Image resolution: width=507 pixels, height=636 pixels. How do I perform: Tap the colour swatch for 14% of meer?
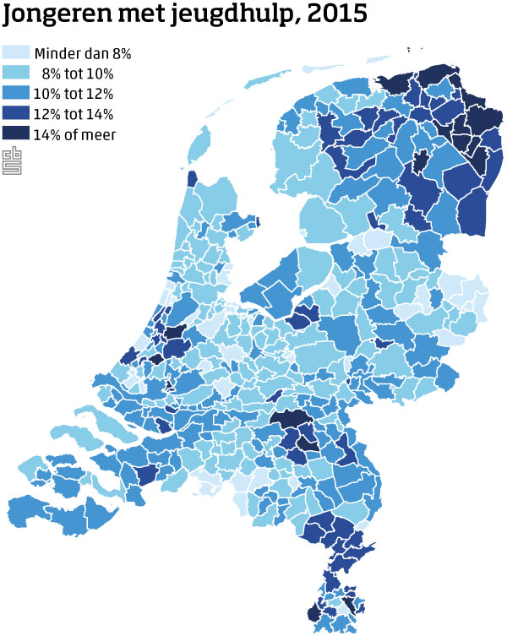[14, 133]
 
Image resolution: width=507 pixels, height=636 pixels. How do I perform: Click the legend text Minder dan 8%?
[82, 54]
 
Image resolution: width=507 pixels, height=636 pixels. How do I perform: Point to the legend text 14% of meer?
[74, 133]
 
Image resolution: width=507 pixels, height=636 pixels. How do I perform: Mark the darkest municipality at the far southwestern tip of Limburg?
[314, 613]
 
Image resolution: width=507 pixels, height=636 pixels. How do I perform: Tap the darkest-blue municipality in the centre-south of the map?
[292, 418]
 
